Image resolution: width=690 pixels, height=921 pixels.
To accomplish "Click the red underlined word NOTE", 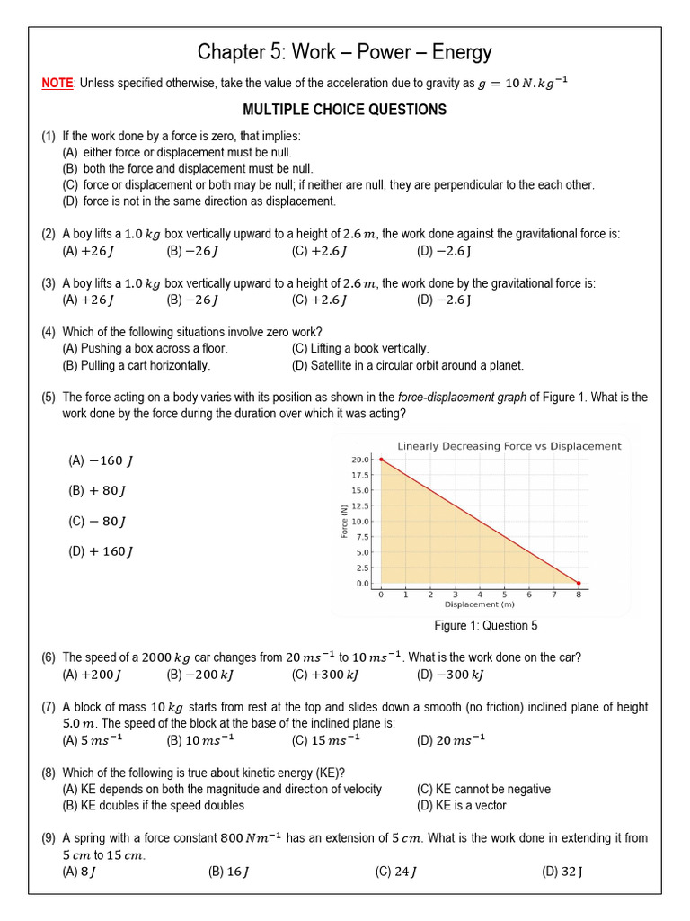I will point(57,84).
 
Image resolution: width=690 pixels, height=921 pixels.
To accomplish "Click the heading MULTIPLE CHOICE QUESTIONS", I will point(345,110).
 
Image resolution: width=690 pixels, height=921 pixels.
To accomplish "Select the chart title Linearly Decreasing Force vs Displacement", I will point(509,445).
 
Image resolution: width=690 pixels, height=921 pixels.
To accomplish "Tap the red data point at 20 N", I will point(381,460).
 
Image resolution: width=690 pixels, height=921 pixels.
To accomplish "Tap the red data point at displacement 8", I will point(578,583).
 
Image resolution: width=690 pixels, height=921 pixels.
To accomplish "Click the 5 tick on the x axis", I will point(504,595).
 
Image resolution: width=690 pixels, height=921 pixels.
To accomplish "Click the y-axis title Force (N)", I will point(344,522).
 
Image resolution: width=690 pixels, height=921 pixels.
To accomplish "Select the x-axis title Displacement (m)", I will point(480,604).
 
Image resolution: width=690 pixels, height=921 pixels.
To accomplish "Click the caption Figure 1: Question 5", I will point(486,626).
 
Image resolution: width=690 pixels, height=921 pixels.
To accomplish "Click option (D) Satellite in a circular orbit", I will point(407,365).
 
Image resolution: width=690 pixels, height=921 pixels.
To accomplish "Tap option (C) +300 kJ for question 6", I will point(323,675).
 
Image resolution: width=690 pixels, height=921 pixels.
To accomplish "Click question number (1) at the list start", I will point(49,136).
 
